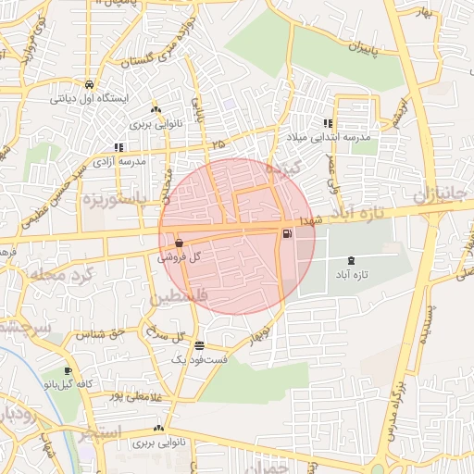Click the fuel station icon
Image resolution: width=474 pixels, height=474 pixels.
click(x=286, y=234)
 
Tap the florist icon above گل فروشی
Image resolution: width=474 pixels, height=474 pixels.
click(x=178, y=243)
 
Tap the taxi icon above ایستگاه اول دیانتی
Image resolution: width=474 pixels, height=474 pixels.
click(x=89, y=82)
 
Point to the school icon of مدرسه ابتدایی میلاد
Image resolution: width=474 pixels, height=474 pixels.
click(x=328, y=123)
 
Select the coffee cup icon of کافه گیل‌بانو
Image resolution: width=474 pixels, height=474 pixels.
click(x=68, y=372)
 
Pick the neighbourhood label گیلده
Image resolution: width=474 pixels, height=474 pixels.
click(x=285, y=170)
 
